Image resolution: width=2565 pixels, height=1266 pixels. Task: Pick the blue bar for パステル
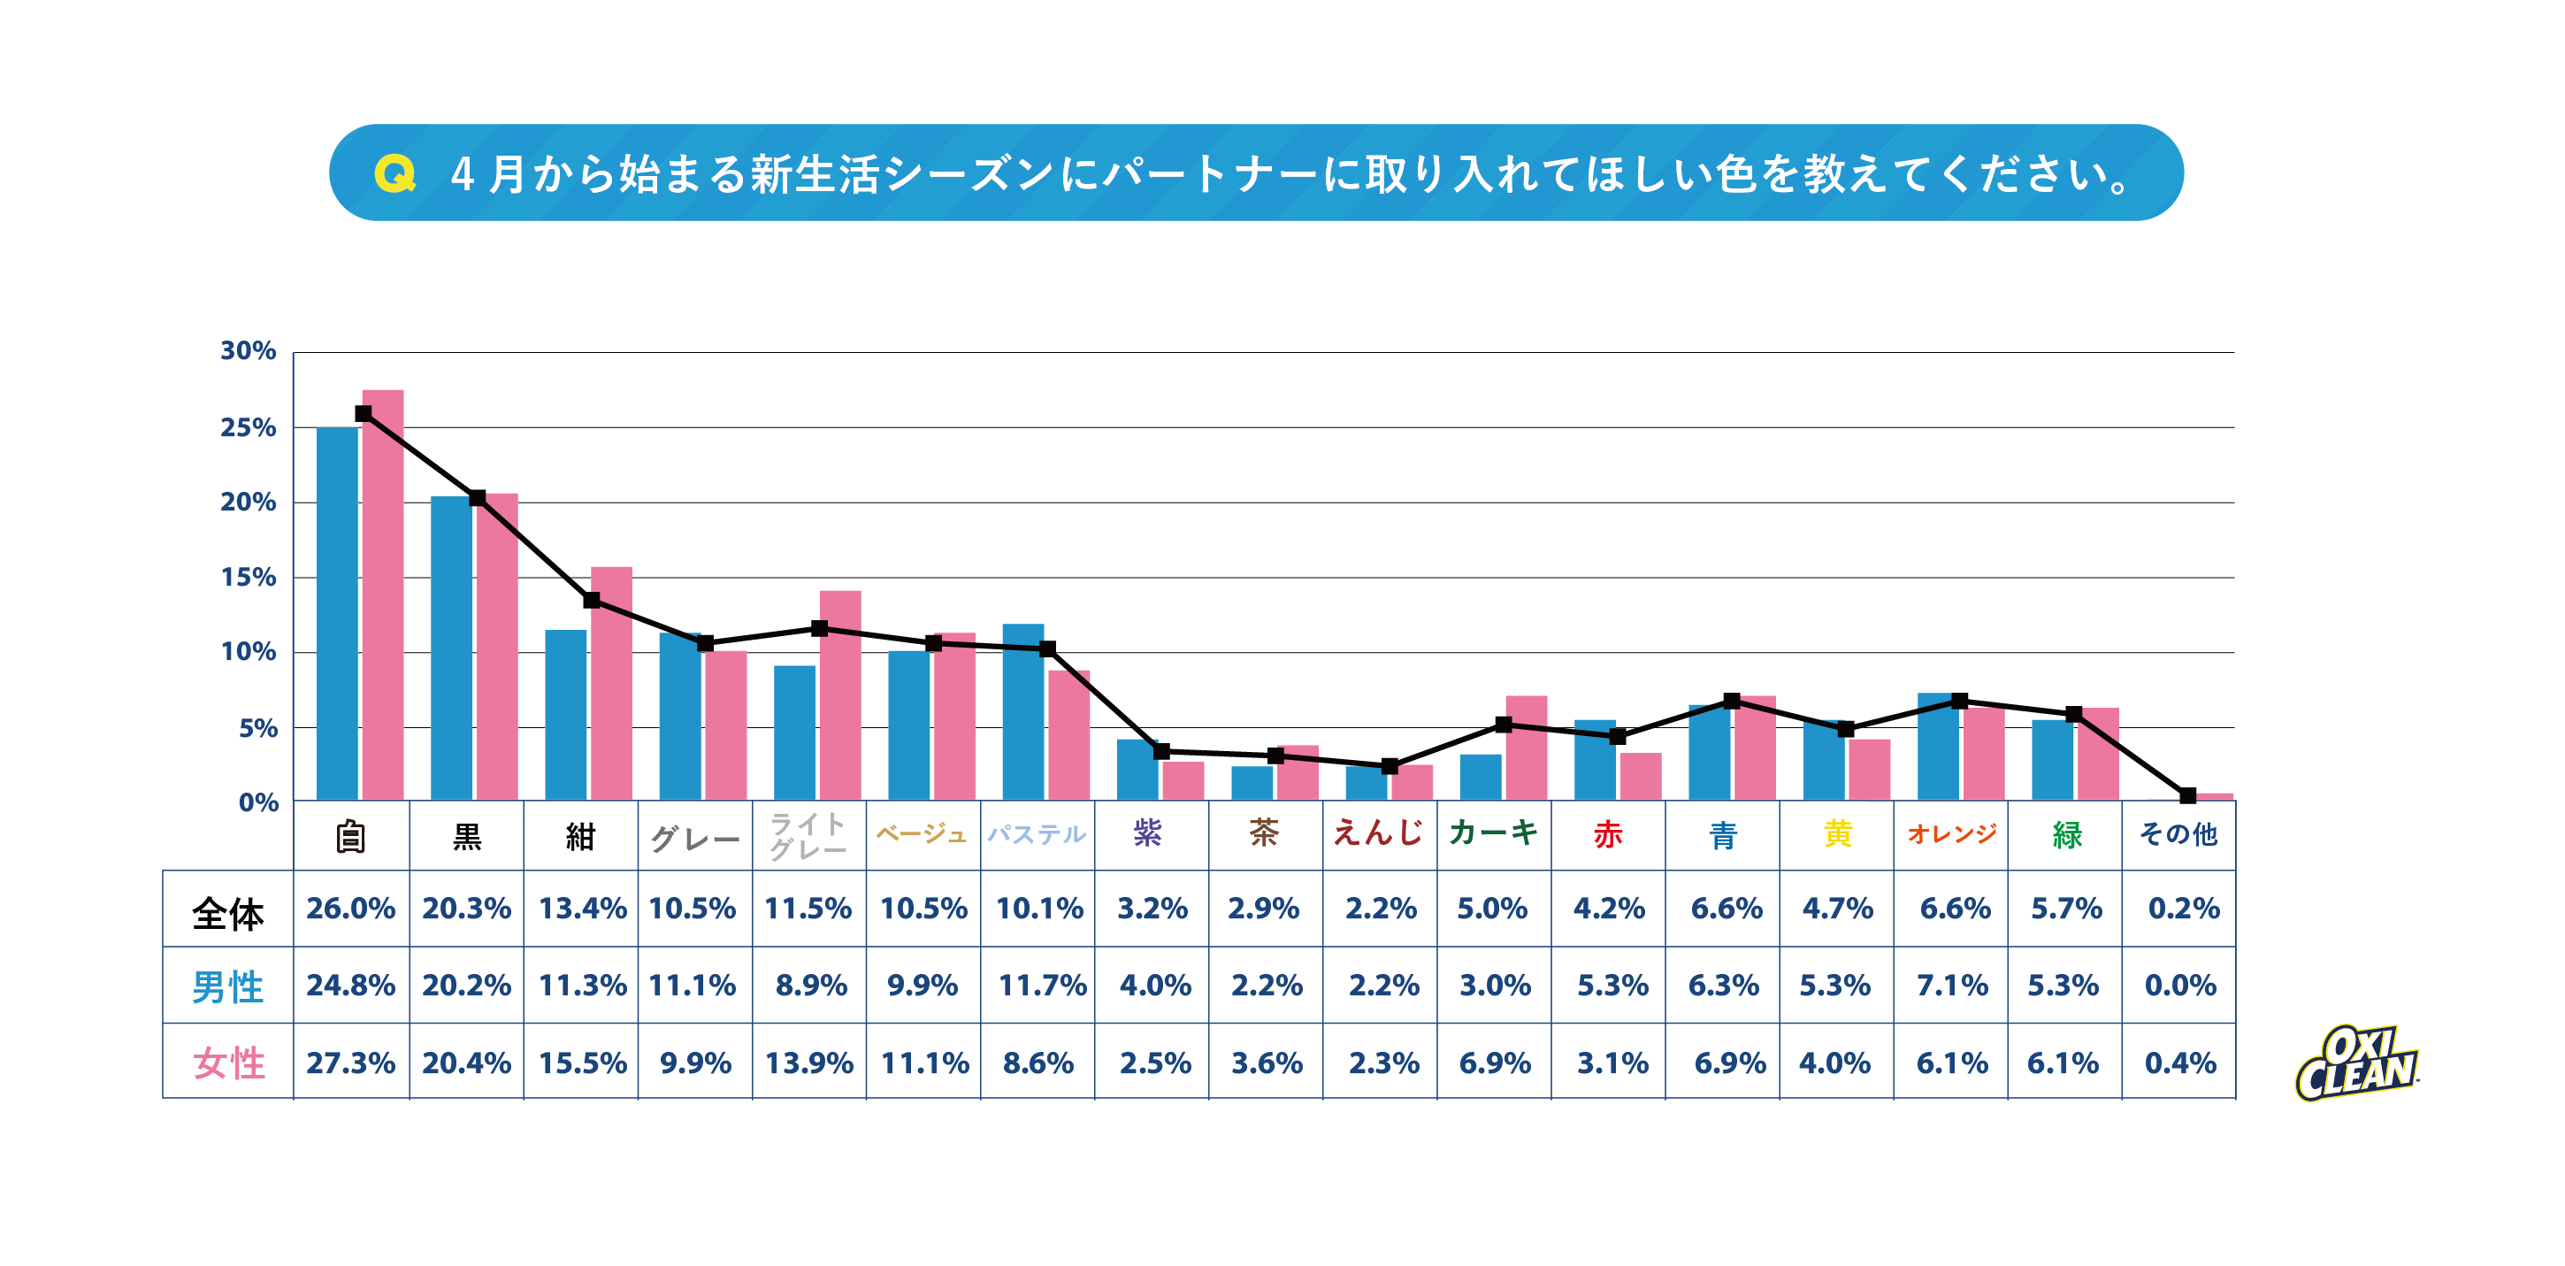[x=1022, y=711]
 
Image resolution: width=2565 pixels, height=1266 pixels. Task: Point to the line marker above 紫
[x=1161, y=751]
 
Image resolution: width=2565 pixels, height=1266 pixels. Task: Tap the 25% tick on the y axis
[x=248, y=427]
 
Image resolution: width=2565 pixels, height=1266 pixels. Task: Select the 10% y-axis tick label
[x=248, y=652]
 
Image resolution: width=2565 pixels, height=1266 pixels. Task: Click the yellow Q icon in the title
[x=394, y=173]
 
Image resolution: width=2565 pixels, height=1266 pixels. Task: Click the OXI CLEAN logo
[x=2356, y=1063]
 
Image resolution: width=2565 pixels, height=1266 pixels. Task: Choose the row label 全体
[x=228, y=911]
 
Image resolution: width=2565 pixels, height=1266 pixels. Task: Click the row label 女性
[x=228, y=1063]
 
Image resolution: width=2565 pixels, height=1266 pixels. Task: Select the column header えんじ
[x=1379, y=833]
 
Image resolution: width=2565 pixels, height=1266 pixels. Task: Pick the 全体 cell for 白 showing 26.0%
[x=350, y=909]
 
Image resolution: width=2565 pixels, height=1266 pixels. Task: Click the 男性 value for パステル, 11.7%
[x=1042, y=986]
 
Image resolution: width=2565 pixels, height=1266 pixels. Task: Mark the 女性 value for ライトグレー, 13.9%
[x=808, y=1063]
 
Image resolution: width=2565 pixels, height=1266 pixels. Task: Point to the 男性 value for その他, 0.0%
[x=2179, y=986]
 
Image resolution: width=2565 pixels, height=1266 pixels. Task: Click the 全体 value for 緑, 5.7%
[x=2066, y=909]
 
